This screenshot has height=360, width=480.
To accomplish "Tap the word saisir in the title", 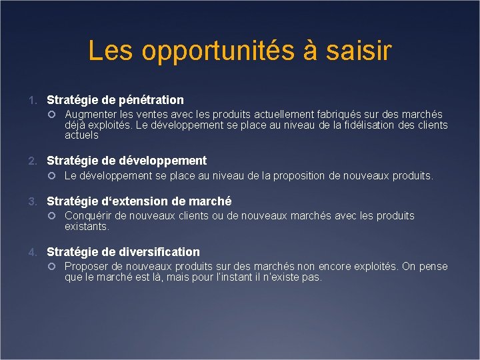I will (x=361, y=51).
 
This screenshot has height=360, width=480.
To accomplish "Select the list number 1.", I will (x=32, y=101).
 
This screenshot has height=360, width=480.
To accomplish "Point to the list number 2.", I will (x=32, y=161).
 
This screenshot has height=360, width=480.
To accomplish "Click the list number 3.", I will (x=32, y=201).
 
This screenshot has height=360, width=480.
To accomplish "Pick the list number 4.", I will (x=32, y=252).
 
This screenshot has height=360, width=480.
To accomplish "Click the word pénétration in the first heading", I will (x=151, y=100).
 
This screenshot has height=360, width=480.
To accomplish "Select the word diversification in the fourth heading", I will (x=159, y=252).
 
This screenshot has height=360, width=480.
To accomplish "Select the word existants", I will (x=87, y=227).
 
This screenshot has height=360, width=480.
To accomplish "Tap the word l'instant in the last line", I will (x=231, y=277).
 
